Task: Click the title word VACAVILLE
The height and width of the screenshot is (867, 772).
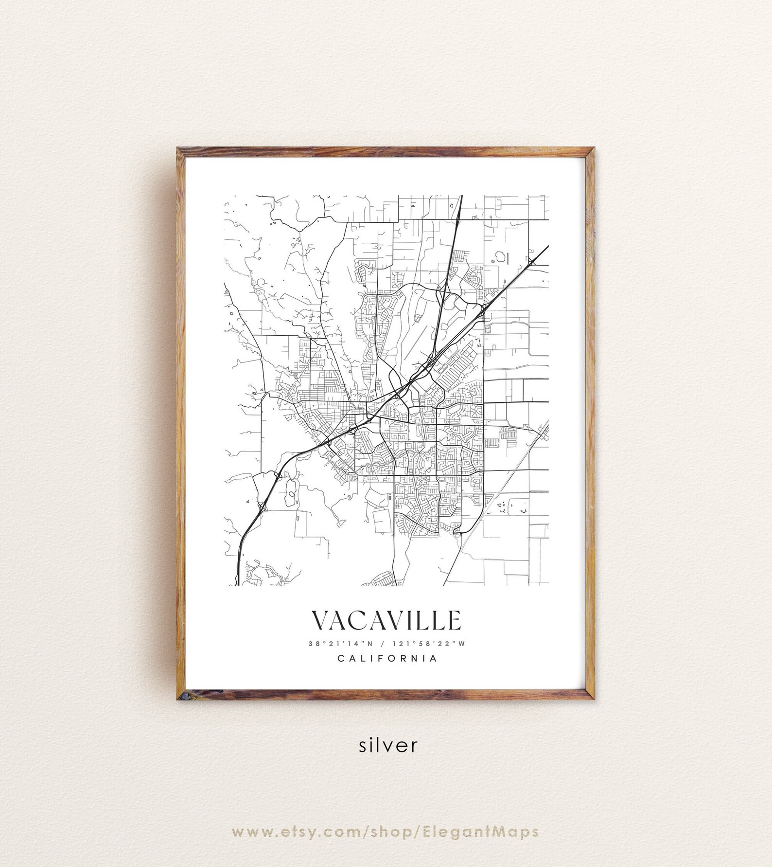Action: click(386, 620)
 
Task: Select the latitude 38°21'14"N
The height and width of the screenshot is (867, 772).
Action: click(340, 644)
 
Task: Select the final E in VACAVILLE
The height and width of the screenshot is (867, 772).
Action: click(454, 620)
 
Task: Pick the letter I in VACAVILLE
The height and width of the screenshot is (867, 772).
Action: click(411, 620)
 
